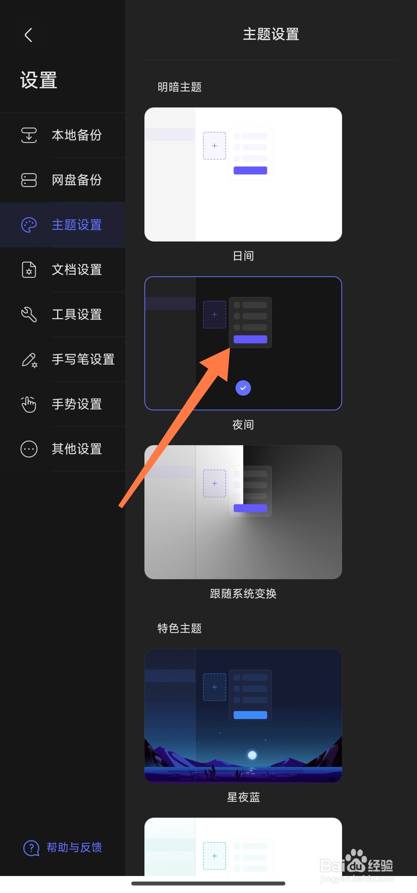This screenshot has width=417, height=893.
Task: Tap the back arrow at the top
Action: click(x=28, y=35)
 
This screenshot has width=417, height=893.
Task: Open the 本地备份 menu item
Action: click(x=76, y=135)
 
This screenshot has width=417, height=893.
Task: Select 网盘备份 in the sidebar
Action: click(x=76, y=180)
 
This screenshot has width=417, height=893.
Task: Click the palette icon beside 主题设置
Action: click(x=29, y=225)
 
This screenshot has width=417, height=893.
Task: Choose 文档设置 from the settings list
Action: click(x=76, y=270)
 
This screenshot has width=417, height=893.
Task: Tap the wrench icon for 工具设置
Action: click(x=29, y=315)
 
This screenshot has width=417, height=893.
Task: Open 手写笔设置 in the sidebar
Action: click(x=83, y=359)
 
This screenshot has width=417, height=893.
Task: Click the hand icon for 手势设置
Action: click(x=29, y=404)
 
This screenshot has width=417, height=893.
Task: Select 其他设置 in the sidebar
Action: click(x=76, y=449)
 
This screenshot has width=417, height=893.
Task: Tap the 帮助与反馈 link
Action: click(x=74, y=847)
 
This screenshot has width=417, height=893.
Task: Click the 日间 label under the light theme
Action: click(x=243, y=256)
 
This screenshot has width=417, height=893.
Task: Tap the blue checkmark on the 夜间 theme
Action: click(x=243, y=388)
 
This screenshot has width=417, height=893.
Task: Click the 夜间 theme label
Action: click(x=243, y=425)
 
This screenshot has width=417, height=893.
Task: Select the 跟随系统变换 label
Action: click(x=243, y=594)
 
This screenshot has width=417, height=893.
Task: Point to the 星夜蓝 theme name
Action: click(x=243, y=797)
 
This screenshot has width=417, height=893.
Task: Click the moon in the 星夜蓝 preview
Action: click(x=252, y=755)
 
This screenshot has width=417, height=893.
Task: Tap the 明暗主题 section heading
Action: click(x=180, y=87)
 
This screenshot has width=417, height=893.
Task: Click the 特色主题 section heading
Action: click(x=180, y=628)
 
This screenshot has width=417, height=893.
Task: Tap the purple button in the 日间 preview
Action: click(x=250, y=170)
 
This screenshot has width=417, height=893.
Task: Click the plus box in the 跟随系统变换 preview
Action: click(x=215, y=483)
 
